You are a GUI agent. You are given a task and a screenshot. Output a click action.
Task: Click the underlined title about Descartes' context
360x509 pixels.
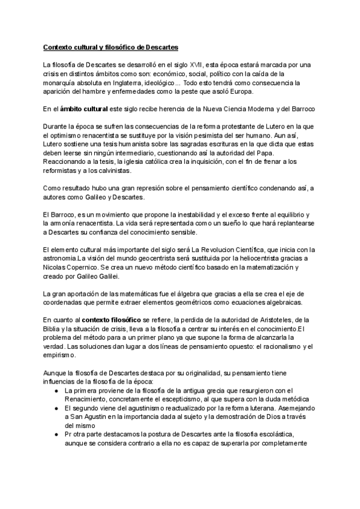(110, 46)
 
